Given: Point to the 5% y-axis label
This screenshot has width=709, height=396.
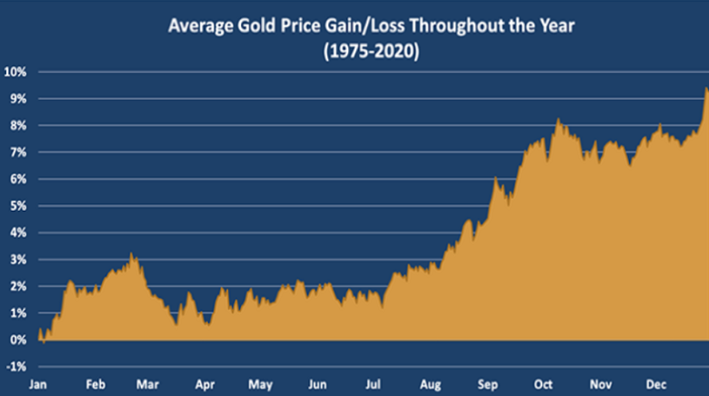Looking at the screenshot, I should pos(17,206).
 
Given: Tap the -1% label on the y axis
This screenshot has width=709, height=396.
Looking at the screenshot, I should pos(15,367).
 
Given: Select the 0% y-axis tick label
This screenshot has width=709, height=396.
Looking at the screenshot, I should pos(17,341).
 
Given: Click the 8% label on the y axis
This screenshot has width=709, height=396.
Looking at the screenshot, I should pos(17,125).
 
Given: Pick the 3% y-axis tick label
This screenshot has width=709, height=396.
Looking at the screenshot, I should pos(17,260).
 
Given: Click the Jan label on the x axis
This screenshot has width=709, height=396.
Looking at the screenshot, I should pos(39,384).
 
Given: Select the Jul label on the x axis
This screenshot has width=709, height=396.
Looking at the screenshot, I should pos(374,384).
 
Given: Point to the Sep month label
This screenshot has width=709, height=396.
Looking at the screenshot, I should pos(487,384).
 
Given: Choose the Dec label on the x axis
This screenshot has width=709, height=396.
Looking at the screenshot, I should pos(654,384).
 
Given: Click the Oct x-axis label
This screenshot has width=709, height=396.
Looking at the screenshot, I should pos(544,384).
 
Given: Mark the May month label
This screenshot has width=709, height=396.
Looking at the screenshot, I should pos(262,384).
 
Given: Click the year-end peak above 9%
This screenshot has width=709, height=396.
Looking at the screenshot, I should pos(707,88).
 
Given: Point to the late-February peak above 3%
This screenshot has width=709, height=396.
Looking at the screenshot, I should pos(132,253).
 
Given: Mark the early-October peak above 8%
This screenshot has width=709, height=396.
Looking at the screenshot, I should pos(558,119).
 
